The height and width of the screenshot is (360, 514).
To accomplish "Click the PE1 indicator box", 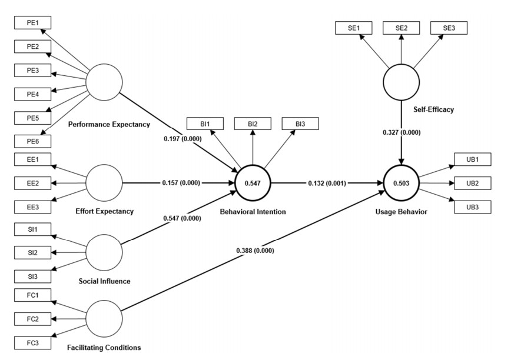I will click(32, 22).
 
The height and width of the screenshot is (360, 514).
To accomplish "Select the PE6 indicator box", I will click(32, 141).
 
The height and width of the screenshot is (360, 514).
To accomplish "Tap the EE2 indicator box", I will click(32, 183).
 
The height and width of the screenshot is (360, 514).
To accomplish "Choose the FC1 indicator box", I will click(32, 295).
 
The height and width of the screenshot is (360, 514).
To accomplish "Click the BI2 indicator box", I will click(253, 124).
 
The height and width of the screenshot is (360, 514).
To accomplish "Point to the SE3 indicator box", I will click(449, 28).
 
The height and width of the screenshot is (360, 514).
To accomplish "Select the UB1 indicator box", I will click(472, 159).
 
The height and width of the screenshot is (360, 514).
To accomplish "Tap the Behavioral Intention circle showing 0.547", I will click(253, 184).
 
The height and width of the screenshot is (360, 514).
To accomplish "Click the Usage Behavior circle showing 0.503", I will click(402, 184).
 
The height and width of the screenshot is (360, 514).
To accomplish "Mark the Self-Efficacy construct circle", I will click(402, 82).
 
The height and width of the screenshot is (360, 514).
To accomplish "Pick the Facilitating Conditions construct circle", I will click(104, 318).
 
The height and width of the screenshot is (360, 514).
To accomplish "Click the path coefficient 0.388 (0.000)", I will click(255, 251).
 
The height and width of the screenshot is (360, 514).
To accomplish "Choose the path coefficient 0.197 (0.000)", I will click(183, 139).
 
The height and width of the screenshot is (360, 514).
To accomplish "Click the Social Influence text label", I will click(104, 281).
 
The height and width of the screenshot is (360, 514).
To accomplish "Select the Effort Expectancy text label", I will click(104, 211).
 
